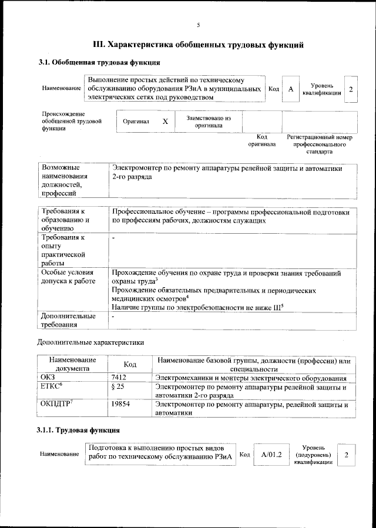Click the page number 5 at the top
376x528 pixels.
(198, 25)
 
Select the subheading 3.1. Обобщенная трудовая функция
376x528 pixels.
(99, 62)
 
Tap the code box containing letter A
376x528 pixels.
(290, 89)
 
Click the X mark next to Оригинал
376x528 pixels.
(165, 122)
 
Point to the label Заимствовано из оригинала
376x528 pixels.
(209, 122)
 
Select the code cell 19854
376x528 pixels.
(120, 405)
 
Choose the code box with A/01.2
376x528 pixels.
(271, 455)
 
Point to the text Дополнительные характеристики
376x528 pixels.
(90, 341)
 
